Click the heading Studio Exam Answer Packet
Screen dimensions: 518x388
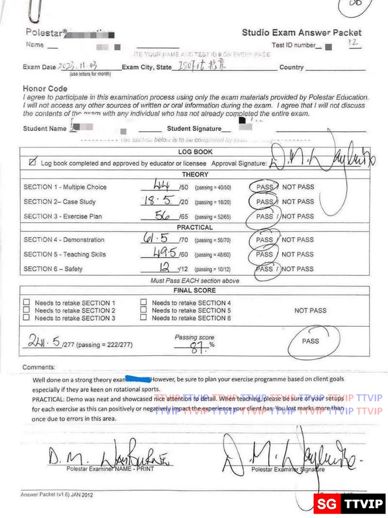click(x=302, y=33)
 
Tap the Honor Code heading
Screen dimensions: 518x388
click(x=45, y=89)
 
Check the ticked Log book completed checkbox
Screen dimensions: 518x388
click(x=32, y=163)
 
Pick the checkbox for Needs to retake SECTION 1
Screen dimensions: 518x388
click(x=27, y=302)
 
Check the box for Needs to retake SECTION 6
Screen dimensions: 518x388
click(x=144, y=318)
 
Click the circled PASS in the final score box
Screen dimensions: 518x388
click(x=310, y=341)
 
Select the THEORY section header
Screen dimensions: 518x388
click(x=195, y=175)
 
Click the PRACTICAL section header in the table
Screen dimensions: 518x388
click(x=195, y=227)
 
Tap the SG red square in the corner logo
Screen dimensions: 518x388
click(x=327, y=504)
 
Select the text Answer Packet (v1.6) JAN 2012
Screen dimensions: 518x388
click(x=57, y=495)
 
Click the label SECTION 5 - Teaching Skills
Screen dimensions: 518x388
click(x=65, y=254)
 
